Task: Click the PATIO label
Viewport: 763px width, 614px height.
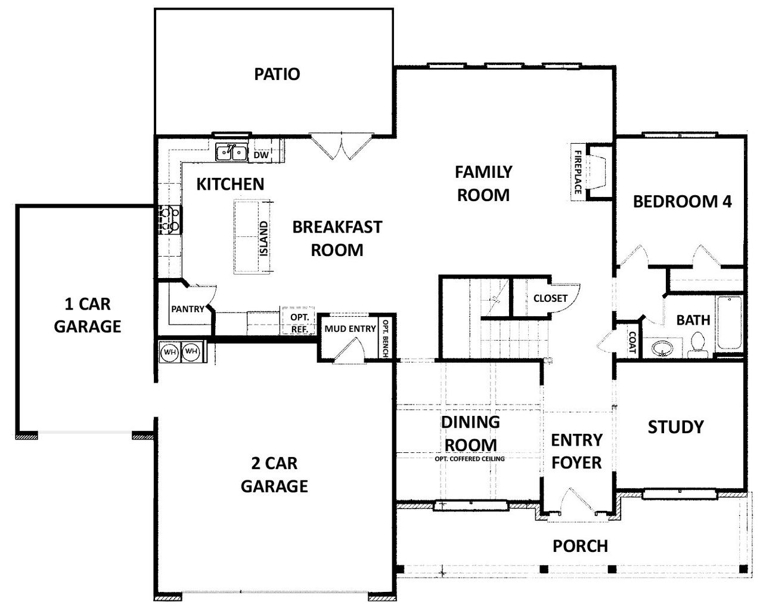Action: click(277, 75)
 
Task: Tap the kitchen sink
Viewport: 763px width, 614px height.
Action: click(231, 153)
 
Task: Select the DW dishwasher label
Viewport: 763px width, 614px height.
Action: click(261, 155)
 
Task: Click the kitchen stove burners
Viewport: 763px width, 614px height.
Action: click(170, 219)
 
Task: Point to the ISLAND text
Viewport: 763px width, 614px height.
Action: click(264, 238)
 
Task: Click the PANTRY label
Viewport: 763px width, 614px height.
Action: click(188, 309)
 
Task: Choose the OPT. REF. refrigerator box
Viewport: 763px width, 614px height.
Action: click(299, 323)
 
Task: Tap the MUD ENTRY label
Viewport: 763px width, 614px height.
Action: click(350, 328)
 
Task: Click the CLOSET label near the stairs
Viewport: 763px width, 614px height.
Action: click(550, 298)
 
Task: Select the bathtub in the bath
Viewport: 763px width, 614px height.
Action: click(729, 323)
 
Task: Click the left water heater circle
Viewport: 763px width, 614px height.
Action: click(170, 352)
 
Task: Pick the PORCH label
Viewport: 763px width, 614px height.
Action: click(580, 546)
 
